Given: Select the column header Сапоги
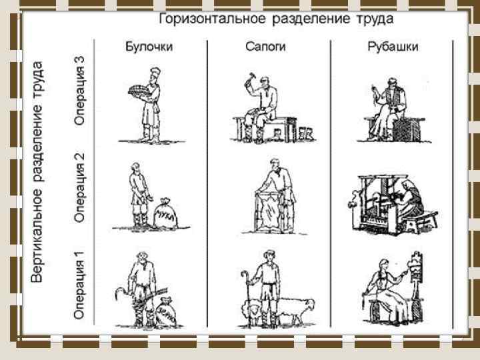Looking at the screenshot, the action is (263, 47).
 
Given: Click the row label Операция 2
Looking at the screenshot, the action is (80, 187).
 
